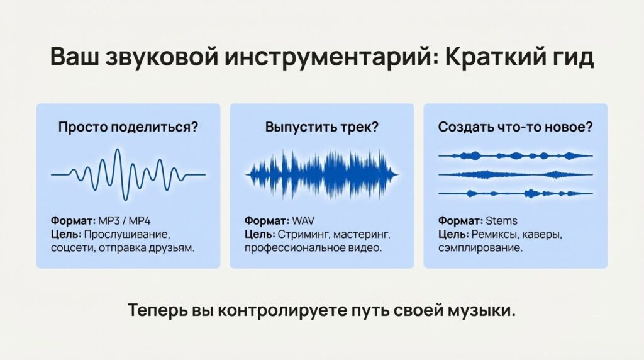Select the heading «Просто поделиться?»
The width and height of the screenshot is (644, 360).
tap(128, 127)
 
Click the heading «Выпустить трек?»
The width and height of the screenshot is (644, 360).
tap(321, 127)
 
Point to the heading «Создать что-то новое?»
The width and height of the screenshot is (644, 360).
tap(516, 127)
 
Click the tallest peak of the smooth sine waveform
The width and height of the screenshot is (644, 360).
tap(118, 150)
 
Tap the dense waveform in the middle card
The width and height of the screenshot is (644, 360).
tap(321, 174)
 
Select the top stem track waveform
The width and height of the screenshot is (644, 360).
tap(516, 155)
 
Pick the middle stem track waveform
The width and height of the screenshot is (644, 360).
tap(516, 175)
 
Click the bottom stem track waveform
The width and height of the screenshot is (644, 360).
tap(516, 193)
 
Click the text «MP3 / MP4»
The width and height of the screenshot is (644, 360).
tap(125, 221)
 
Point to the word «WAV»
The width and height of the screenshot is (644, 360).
tap(303, 221)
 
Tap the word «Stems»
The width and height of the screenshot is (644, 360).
tap(501, 221)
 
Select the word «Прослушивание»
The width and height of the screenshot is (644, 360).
tap(127, 235)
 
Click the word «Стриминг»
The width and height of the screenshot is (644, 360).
tap(304, 235)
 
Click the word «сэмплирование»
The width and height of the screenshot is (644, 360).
tap(480, 248)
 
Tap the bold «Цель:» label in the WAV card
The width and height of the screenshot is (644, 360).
tap(260, 235)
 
